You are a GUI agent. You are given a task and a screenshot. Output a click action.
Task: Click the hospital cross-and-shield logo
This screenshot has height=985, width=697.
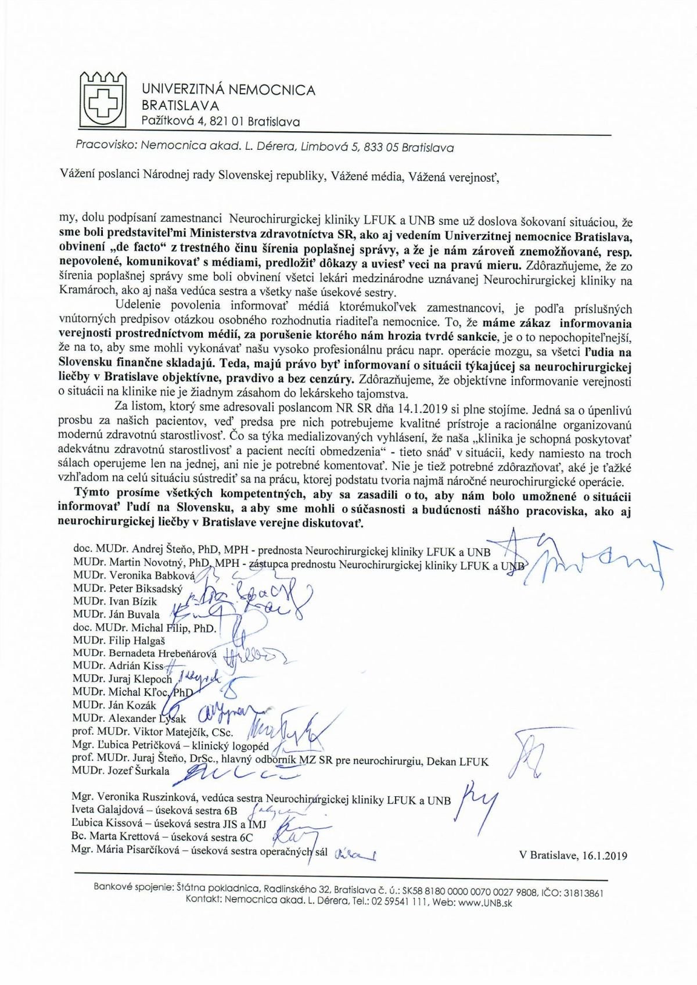[102, 99]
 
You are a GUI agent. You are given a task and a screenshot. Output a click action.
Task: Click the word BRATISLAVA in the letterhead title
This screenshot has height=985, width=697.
[181, 106]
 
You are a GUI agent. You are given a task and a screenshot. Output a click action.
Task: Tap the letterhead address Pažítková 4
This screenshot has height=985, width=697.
[179, 122]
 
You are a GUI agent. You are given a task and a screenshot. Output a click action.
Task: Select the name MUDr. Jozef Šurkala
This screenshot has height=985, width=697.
[121, 771]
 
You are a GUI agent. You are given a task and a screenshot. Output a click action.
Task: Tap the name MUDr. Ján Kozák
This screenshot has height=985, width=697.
[114, 705]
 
